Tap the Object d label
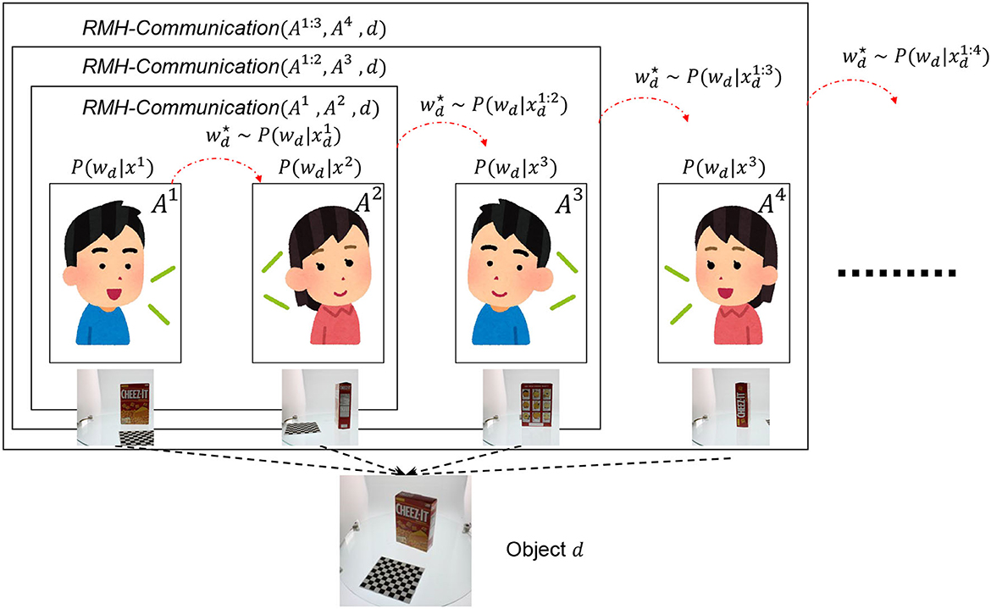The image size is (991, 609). tap(546, 548)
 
